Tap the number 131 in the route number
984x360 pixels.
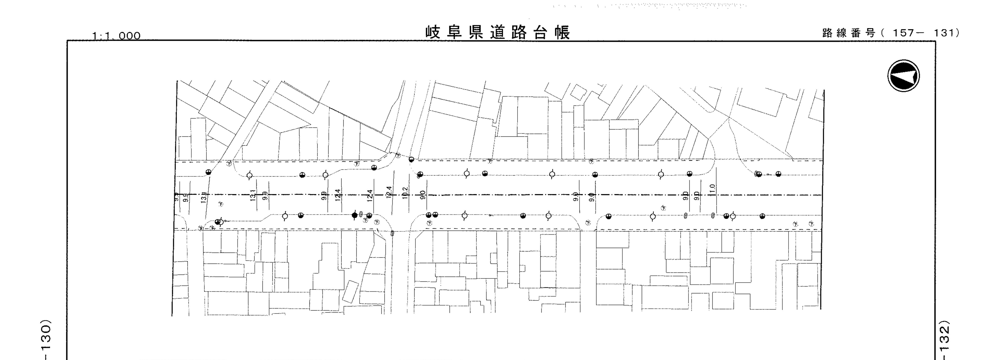tap(945, 33)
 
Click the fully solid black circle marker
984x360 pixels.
tap(355, 215)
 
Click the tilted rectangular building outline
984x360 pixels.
tap(350, 291)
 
